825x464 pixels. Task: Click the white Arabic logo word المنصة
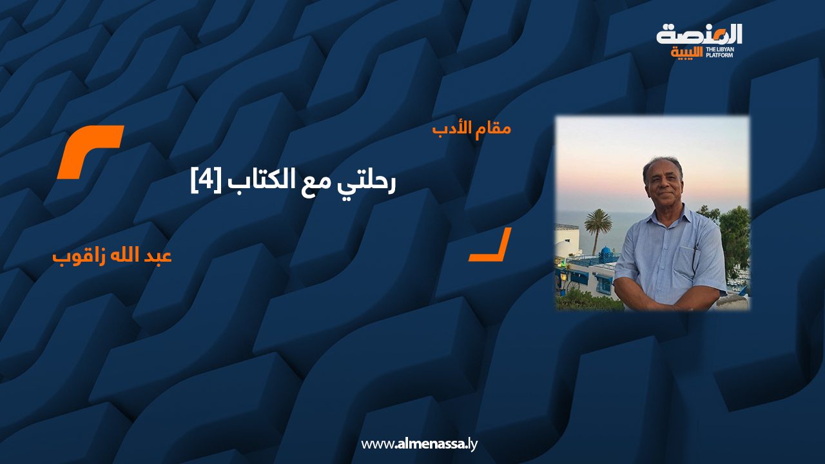(699, 35)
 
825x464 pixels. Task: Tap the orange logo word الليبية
(686, 53)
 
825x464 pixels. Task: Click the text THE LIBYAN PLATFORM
(720, 52)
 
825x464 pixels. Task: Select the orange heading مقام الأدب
(471, 129)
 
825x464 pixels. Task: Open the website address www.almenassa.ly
(419, 444)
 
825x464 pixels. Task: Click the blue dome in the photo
(607, 253)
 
